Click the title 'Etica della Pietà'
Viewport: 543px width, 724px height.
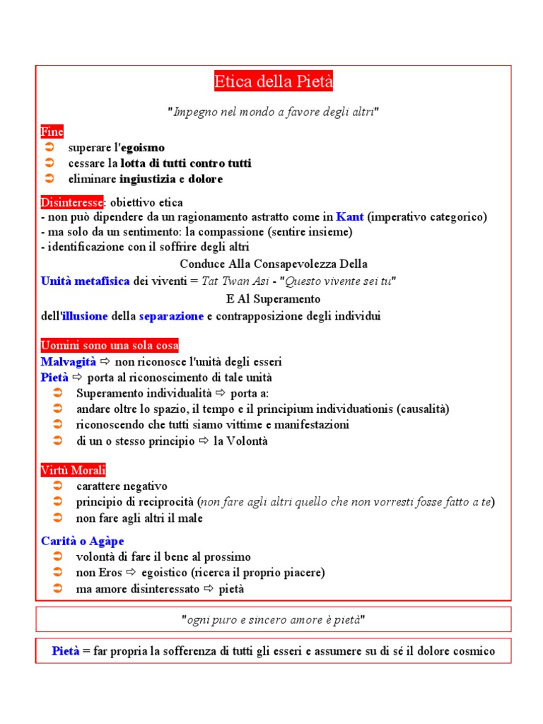pos(273,83)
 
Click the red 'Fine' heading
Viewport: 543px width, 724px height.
pos(52,132)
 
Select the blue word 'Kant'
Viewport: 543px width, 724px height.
pos(350,217)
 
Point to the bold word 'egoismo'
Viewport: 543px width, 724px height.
pos(143,148)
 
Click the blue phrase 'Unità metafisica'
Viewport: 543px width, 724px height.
pos(86,281)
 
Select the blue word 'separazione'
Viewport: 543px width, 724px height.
pos(171,316)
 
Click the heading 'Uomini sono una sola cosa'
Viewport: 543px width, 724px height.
pos(110,346)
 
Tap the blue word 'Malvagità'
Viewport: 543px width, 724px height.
pos(69,361)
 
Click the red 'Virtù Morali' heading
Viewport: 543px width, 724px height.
pos(74,470)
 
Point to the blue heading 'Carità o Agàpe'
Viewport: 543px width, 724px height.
pos(83,541)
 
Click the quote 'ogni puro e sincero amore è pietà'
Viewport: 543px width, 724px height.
pos(273,619)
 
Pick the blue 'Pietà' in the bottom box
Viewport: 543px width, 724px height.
pos(66,651)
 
